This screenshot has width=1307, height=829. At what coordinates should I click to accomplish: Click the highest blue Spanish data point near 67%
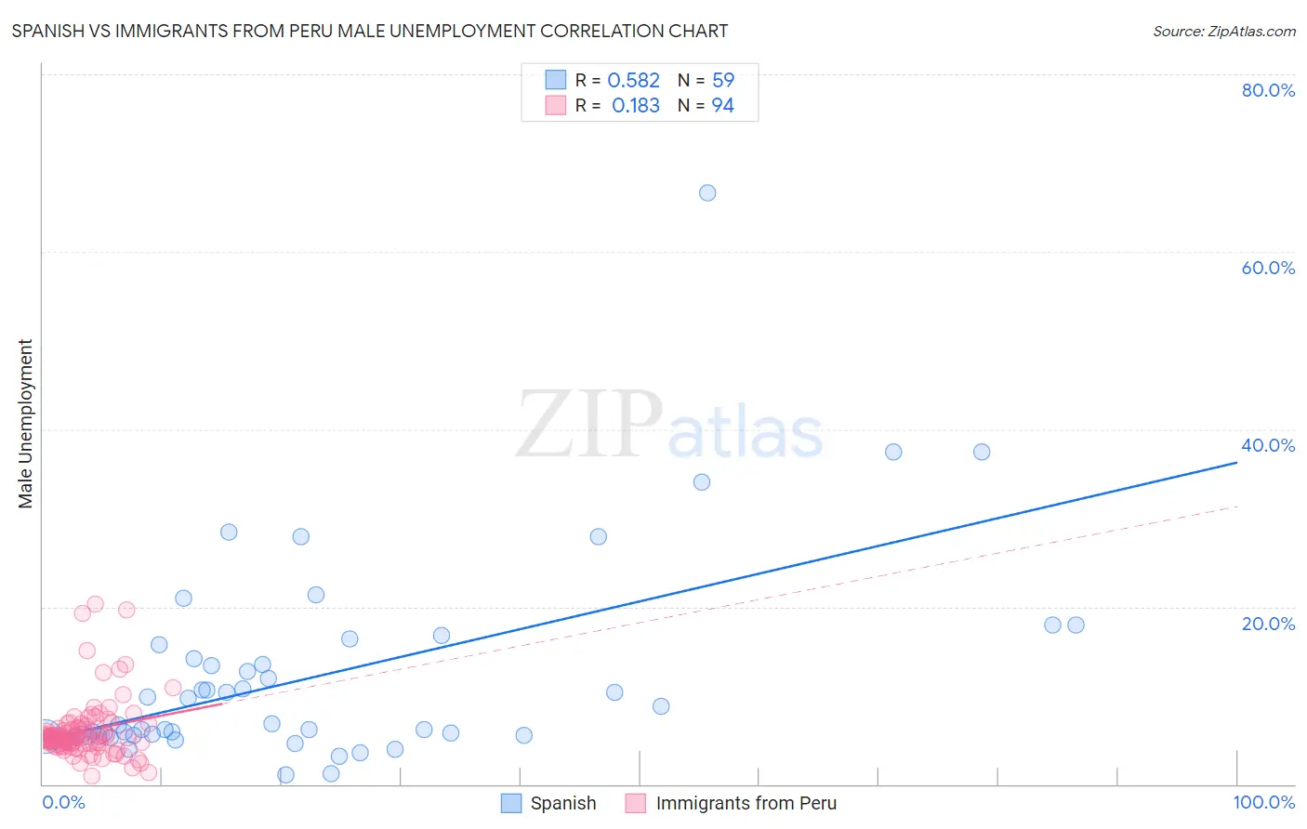707,193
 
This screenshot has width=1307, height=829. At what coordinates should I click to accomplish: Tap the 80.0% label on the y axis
1268,90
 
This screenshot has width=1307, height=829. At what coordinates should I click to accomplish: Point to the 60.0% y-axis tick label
1268,268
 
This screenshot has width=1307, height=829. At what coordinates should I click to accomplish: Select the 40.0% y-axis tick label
1268,445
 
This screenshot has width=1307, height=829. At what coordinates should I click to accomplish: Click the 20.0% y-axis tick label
1268,624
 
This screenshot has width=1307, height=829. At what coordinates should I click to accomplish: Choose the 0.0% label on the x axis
63,802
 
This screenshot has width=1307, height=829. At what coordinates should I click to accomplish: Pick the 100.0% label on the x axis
1263,802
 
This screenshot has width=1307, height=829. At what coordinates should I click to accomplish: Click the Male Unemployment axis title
25,424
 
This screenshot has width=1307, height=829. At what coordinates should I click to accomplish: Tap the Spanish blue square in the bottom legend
511,803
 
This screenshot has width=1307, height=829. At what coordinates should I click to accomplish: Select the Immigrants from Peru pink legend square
636,803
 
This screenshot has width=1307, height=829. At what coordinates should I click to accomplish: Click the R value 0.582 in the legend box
633,81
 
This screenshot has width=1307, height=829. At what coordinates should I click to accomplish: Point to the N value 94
722,106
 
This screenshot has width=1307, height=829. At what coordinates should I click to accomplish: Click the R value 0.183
635,106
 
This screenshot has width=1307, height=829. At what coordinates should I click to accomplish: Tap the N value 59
722,81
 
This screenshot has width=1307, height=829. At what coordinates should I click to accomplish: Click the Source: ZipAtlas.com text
1223,32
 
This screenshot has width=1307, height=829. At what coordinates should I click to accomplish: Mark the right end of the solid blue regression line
1236,462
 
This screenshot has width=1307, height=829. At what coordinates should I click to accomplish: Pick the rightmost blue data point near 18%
1076,625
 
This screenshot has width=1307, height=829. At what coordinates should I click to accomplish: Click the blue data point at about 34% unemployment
702,482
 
